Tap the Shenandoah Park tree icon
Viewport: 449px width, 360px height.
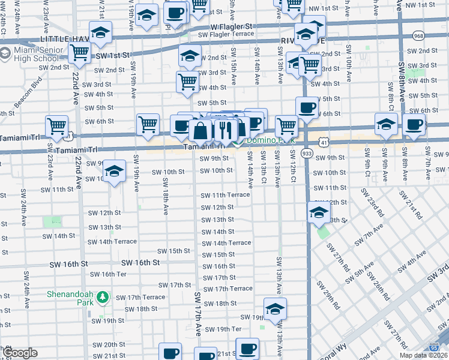coord(103,297)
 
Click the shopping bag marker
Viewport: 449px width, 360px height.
coord(200,130)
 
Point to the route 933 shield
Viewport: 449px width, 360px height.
coord(306,154)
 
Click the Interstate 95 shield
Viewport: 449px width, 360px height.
coord(434,347)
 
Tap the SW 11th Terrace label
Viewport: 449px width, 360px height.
coord(225,195)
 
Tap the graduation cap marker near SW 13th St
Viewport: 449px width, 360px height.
coord(318,211)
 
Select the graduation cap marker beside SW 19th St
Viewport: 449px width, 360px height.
coord(275,308)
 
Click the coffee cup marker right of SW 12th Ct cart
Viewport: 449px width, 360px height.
coord(307,107)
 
